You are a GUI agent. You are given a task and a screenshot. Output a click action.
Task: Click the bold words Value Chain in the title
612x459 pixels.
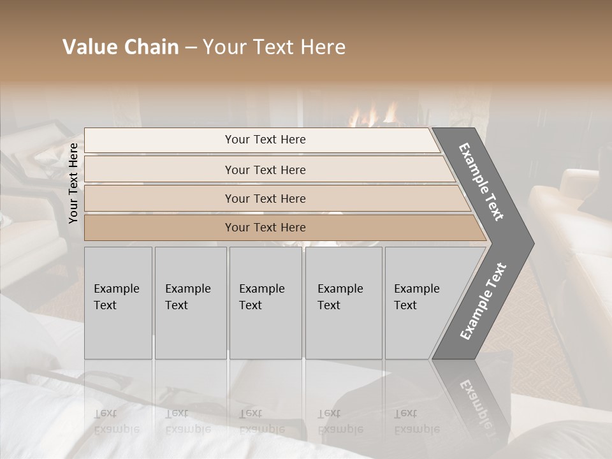(120, 47)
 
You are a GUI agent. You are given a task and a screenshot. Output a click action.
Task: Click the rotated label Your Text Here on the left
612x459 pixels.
(73, 183)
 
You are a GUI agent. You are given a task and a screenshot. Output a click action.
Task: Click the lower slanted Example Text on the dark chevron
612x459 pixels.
(483, 301)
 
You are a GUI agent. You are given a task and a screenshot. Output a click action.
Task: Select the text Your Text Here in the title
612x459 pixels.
(274, 47)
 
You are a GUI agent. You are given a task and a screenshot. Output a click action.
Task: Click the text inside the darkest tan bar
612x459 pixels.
(265, 228)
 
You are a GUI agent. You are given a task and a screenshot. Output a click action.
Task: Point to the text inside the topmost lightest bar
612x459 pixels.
(265, 140)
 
